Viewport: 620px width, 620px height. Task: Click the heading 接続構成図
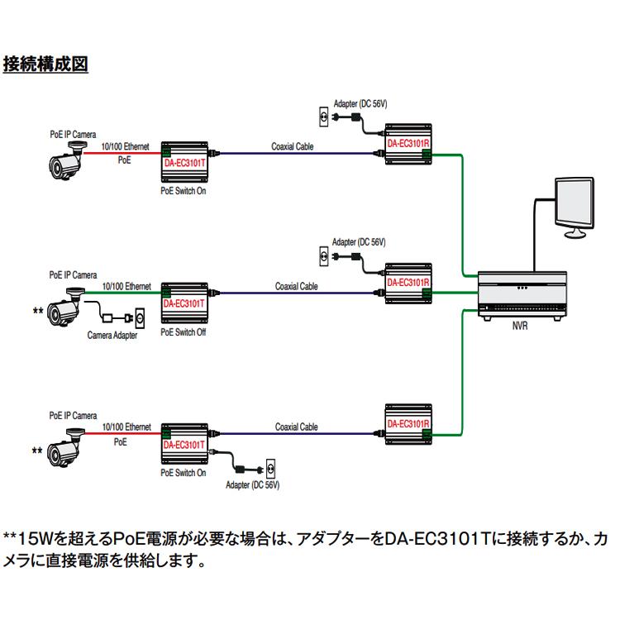(45, 64)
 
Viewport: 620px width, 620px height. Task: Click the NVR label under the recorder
(518, 326)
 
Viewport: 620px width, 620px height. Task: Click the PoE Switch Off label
(184, 331)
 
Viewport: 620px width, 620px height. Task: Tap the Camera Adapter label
(112, 335)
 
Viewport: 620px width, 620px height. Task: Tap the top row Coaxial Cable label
(293, 146)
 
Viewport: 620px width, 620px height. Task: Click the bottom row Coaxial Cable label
(297, 427)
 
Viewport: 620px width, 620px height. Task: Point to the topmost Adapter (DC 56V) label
(360, 104)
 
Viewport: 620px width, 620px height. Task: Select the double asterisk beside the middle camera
(37, 310)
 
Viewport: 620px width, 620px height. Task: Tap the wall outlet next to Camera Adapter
(139, 317)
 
